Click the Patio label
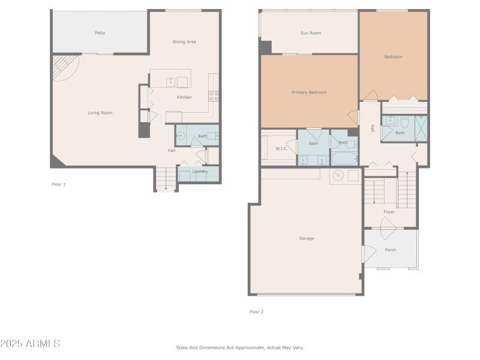(100, 32)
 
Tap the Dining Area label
(184, 41)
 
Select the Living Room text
(100, 113)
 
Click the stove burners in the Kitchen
(213, 95)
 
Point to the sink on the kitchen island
(170, 82)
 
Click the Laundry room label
(200, 172)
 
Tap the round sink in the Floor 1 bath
(181, 136)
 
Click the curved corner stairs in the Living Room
(64, 67)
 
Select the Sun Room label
(310, 33)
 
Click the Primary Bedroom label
(309, 92)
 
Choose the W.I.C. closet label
(282, 148)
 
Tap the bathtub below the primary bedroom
(344, 159)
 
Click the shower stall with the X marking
(421, 128)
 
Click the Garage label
(306, 238)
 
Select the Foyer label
(389, 212)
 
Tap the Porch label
(390, 250)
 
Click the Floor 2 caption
(256, 312)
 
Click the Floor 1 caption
(58, 184)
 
